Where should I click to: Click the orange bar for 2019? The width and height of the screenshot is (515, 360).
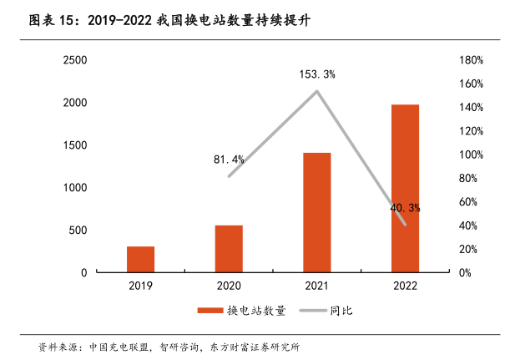pyautogui.click(x=141, y=260)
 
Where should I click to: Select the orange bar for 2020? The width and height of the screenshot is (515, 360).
pyautogui.click(x=229, y=249)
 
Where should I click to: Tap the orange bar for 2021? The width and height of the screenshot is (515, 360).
pyautogui.click(x=317, y=213)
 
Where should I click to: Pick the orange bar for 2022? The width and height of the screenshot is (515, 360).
pyautogui.click(x=405, y=189)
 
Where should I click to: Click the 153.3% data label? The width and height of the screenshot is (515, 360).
pyautogui.click(x=317, y=74)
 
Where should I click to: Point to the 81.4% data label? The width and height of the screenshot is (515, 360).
pyautogui.click(x=229, y=159)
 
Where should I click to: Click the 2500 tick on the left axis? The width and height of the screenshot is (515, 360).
pyautogui.click(x=75, y=60)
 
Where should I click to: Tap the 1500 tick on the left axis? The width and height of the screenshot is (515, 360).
pyautogui.click(x=75, y=145)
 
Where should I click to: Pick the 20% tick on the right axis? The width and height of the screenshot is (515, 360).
pyautogui.click(x=469, y=249)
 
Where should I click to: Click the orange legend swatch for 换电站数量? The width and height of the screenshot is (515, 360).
pyautogui.click(x=210, y=311)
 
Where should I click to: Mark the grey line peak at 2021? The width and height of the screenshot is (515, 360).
pyautogui.click(x=317, y=91)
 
